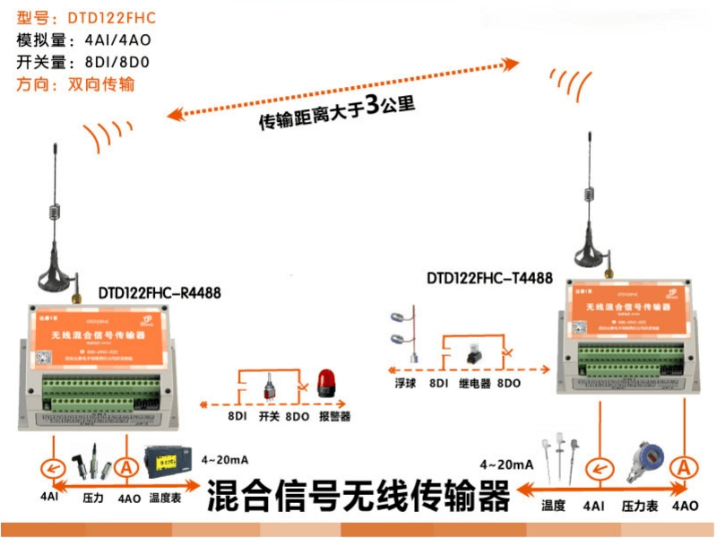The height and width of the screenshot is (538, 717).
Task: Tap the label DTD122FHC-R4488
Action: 160,293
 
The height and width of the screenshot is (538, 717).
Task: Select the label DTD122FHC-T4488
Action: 489,279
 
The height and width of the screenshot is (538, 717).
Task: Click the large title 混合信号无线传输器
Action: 358,496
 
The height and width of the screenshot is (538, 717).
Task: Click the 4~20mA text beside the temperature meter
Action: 225,460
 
